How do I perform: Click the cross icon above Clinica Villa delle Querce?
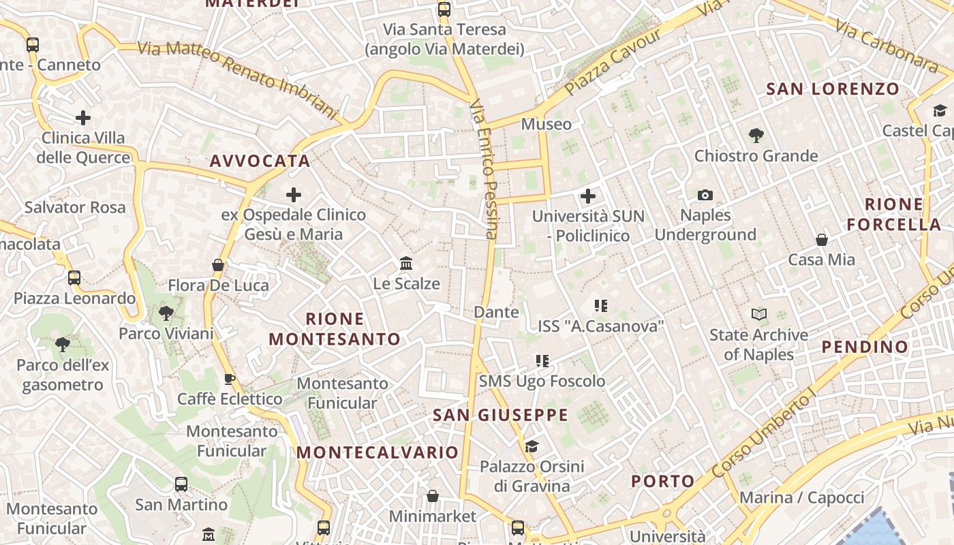click(83, 118)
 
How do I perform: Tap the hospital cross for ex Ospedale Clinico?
click(294, 196)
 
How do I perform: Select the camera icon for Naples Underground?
click(705, 196)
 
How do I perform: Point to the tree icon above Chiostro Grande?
click(756, 136)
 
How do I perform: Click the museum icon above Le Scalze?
click(406, 263)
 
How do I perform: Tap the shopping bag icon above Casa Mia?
click(822, 240)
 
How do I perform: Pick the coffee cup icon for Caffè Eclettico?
click(230, 379)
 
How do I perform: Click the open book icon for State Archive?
click(759, 314)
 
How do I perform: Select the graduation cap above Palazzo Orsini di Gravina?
click(532, 446)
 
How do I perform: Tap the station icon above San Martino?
click(181, 484)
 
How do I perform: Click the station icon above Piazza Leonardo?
click(74, 278)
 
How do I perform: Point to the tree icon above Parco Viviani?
click(166, 313)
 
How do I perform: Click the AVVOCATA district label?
click(260, 161)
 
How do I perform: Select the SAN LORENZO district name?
click(833, 89)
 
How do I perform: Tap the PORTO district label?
click(662, 482)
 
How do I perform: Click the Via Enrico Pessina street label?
click(483, 170)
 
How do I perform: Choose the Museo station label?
click(546, 124)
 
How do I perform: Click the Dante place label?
click(496, 312)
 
